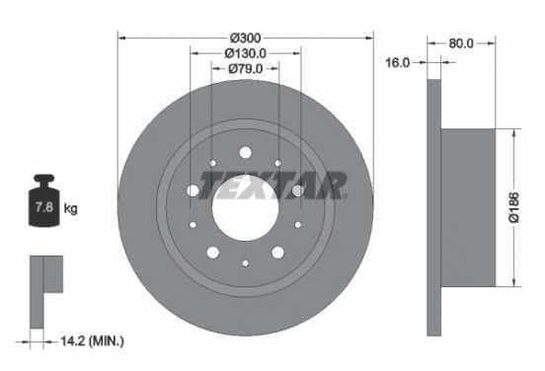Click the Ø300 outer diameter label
(245, 37)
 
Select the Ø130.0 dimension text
(246, 53)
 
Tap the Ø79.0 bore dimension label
(246, 69)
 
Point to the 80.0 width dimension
(461, 43)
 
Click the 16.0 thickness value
(398, 63)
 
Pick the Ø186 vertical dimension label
(513, 207)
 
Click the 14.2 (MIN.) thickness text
(92, 341)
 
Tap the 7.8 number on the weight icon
(44, 207)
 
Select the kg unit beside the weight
(70, 209)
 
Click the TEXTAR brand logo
(272, 185)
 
